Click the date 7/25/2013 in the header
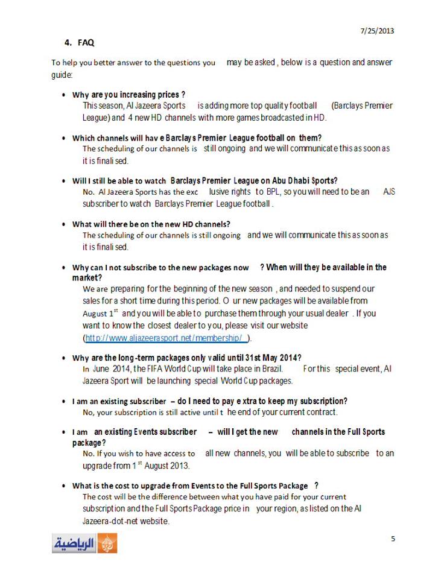tap(378, 31)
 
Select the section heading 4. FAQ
tap(79, 43)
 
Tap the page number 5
tap(393, 539)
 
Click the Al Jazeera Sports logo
tap(84, 543)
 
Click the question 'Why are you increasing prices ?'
tap(128, 95)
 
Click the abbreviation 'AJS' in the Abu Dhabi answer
tap(389, 191)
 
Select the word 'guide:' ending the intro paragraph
tap(62, 74)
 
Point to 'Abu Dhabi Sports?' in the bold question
tap(303, 180)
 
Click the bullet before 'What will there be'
tap(64, 224)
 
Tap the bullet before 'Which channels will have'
tap(64, 138)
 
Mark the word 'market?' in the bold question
tap(87, 277)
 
